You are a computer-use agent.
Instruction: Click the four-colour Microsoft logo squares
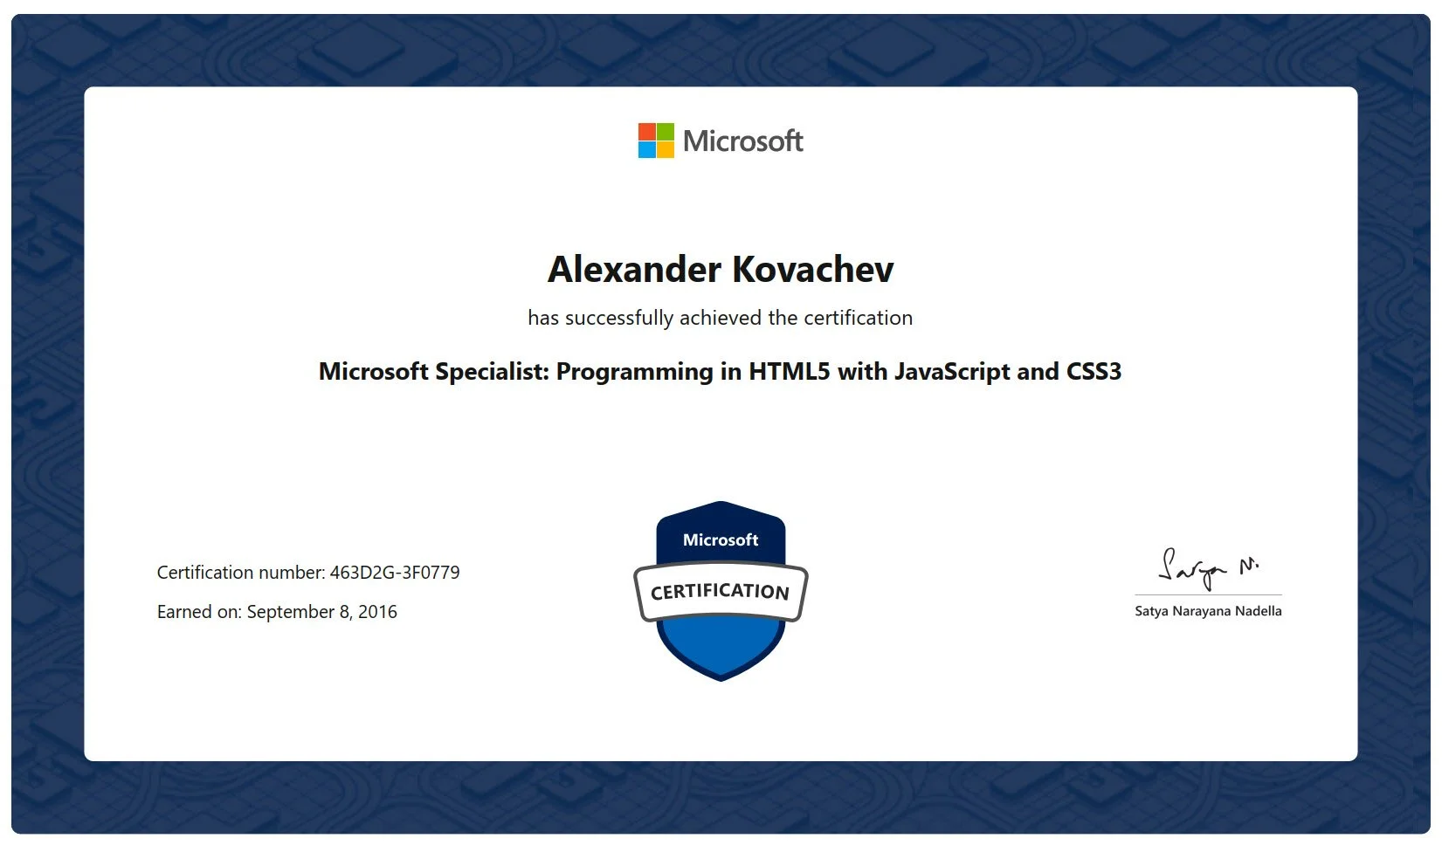click(x=656, y=141)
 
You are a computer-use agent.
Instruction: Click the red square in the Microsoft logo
click(x=647, y=131)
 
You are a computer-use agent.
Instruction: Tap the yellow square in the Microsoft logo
click(x=666, y=149)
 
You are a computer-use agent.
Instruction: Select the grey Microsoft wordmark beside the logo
click(x=742, y=141)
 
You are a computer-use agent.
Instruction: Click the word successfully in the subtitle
click(x=619, y=318)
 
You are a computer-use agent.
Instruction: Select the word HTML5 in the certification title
click(x=789, y=372)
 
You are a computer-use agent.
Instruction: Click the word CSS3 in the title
click(x=1094, y=372)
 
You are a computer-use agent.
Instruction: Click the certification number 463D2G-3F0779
click(x=395, y=573)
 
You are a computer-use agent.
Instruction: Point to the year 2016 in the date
click(x=377, y=612)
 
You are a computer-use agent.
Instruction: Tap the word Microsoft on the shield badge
click(x=721, y=540)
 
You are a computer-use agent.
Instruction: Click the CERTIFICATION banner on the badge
click(x=721, y=592)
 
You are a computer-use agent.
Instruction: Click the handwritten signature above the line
click(x=1205, y=567)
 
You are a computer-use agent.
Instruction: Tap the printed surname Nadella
click(x=1259, y=611)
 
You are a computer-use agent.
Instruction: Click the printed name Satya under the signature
click(x=1151, y=611)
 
